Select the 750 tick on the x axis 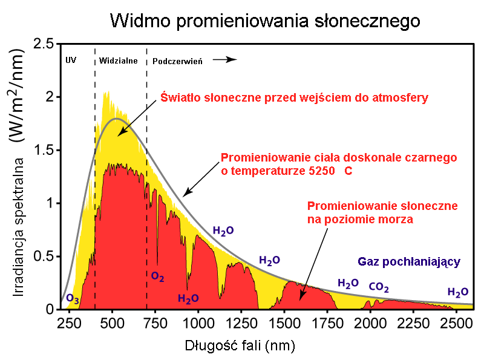(x=156, y=321)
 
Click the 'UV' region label (x=71, y=61)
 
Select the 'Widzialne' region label (x=119, y=61)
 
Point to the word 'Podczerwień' (x=177, y=61)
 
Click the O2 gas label (x=158, y=277)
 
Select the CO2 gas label (x=379, y=287)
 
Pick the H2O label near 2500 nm (x=458, y=292)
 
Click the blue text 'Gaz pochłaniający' (x=410, y=262)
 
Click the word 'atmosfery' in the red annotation (x=401, y=97)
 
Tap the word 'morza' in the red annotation (x=397, y=220)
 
